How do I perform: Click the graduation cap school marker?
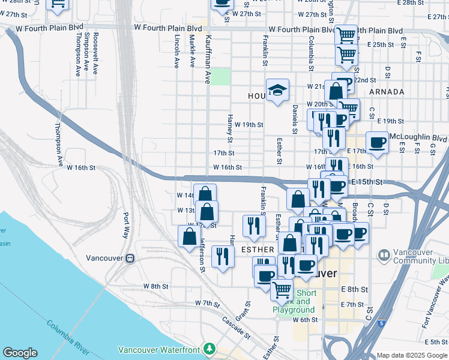coord(277,90)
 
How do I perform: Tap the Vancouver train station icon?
coord(130,258)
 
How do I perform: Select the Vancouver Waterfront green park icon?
coord(209,348)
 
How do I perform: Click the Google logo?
coord(20,353)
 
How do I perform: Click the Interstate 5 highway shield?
coord(382,323)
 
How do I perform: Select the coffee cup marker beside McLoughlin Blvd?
coord(378,143)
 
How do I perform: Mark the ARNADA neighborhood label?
coord(387,92)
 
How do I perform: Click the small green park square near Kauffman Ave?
coord(220,76)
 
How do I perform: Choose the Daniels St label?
coord(295,118)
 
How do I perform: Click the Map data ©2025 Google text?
coord(412,355)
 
